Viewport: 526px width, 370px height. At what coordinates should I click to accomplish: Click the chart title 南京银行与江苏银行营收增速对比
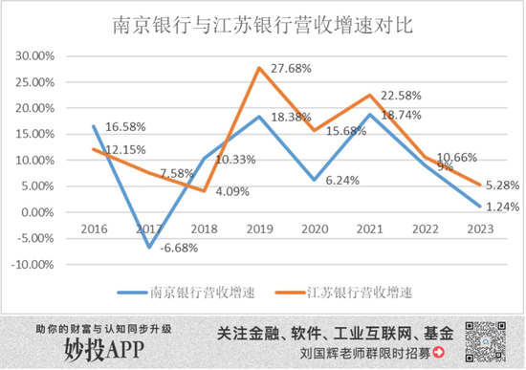pos(262,23)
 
